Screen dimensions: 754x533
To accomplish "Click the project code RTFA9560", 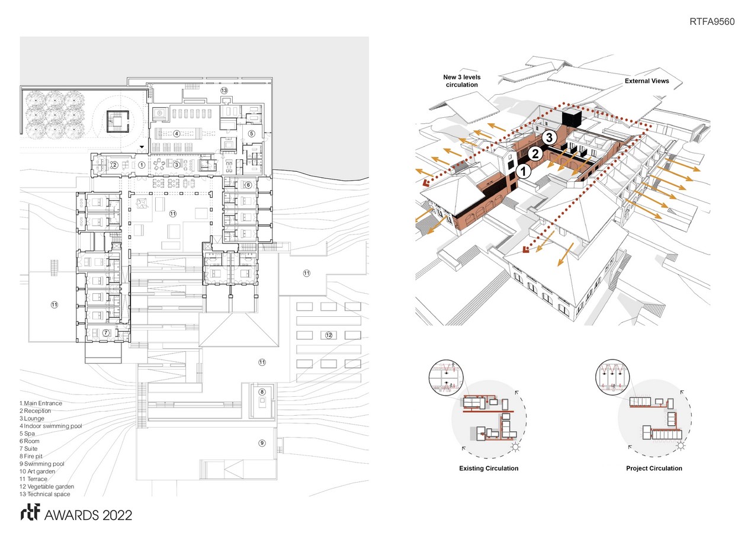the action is click(712, 21).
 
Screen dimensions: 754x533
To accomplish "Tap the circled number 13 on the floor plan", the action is click(224, 90).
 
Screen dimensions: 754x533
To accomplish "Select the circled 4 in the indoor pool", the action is click(177, 134).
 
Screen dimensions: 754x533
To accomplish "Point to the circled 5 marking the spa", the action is click(252, 134).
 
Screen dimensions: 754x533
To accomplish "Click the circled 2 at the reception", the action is click(114, 165).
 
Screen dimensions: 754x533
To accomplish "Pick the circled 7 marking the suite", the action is click(106, 333).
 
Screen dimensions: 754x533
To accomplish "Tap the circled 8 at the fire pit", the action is click(262, 391).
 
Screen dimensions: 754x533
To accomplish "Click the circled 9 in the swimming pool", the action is click(262, 443).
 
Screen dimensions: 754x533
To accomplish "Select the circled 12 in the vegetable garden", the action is click(329, 335).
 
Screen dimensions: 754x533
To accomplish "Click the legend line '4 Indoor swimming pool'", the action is click(51, 426).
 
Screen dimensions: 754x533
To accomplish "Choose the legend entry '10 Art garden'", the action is click(37, 471).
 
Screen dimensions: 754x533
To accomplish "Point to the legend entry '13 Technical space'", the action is click(45, 495).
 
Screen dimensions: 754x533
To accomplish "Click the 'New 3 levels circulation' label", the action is click(462, 81).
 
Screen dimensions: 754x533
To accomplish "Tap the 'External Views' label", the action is click(647, 81).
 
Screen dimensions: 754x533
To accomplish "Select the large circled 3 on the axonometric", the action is click(549, 137).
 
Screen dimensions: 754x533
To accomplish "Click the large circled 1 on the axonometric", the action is click(524, 171).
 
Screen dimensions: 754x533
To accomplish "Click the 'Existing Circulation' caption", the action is click(489, 468).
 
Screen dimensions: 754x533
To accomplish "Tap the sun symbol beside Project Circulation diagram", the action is click(681, 446).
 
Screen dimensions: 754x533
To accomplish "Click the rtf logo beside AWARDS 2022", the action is click(30, 512).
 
